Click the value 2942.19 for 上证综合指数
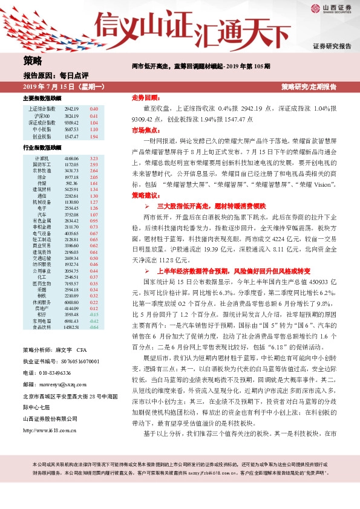point(72,109)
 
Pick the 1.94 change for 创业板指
point(94,137)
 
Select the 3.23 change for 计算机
point(94,158)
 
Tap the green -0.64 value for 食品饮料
point(94,327)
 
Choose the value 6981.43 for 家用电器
point(72,321)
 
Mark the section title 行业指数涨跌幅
point(42,147)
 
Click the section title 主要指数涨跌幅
point(42,98)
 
